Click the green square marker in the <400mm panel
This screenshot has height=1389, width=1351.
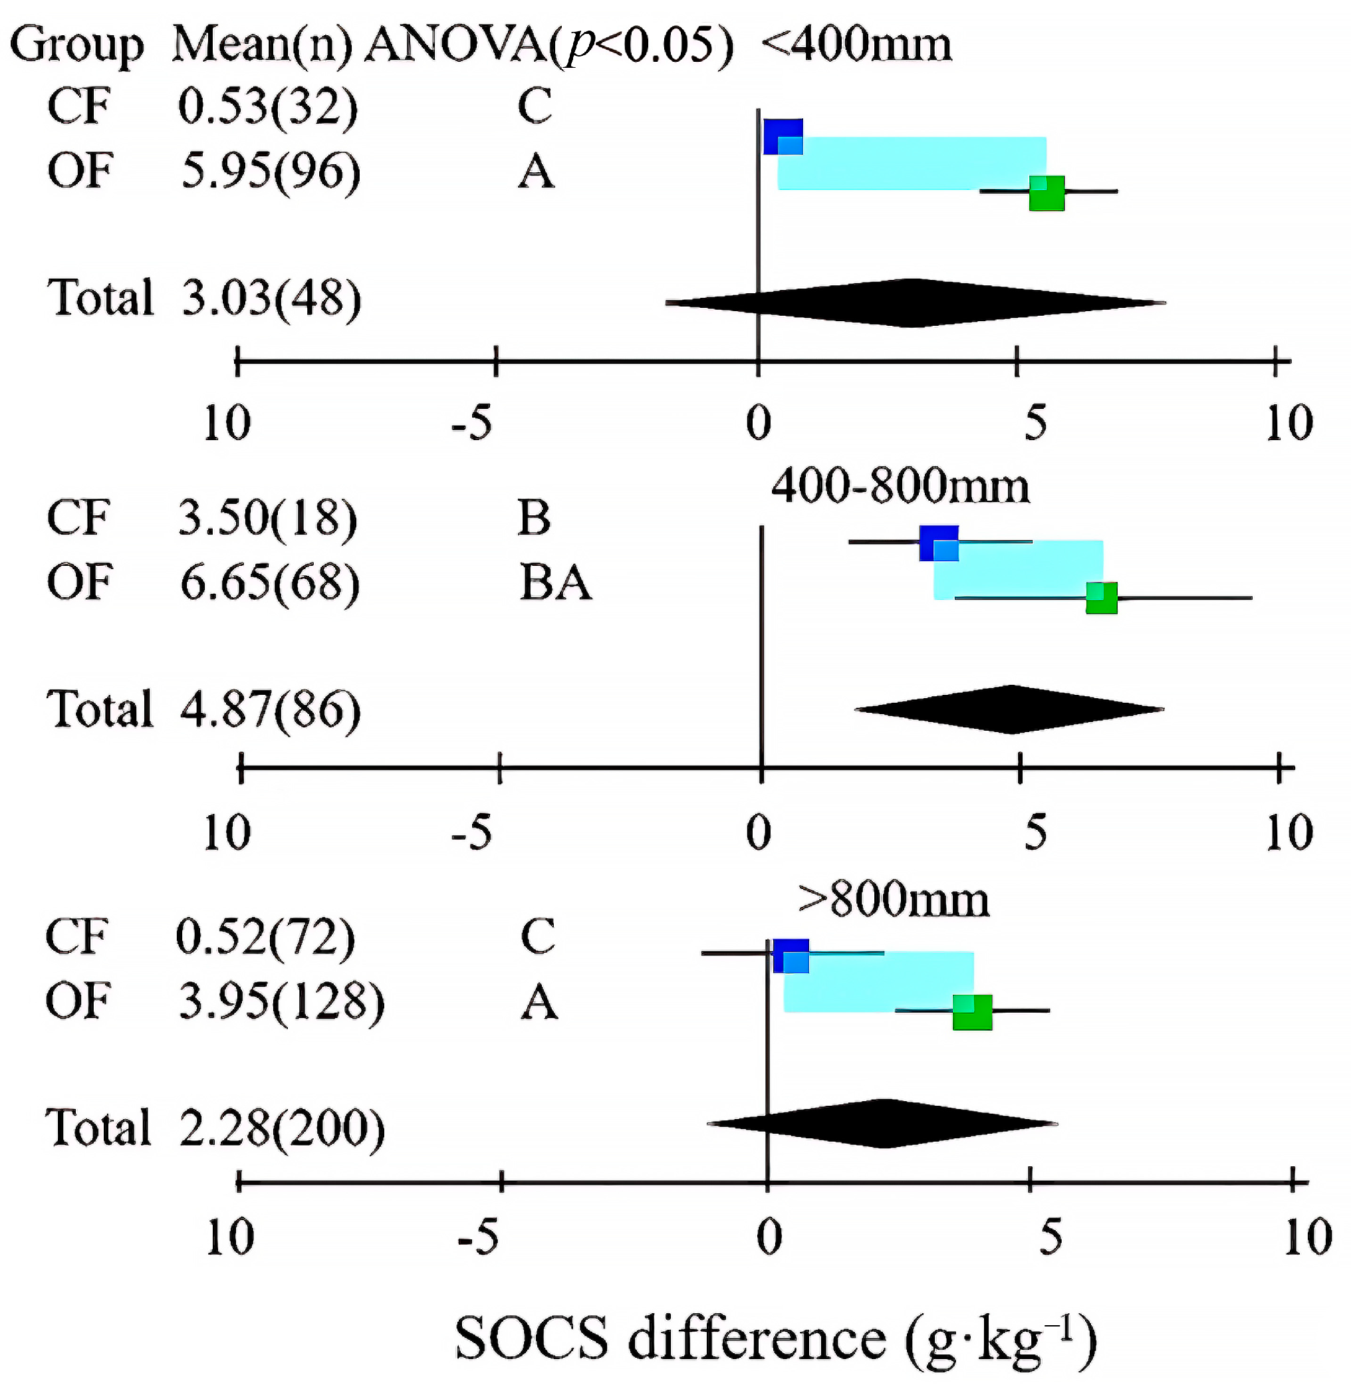(1046, 193)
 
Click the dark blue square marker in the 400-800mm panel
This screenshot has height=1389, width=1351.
(938, 543)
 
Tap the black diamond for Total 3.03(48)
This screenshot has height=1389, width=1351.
(916, 303)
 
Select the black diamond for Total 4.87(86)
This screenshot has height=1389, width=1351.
(1011, 709)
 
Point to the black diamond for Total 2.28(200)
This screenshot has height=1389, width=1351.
(883, 1123)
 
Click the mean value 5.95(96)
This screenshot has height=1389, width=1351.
(271, 171)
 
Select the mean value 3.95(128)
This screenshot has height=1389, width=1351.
(281, 1001)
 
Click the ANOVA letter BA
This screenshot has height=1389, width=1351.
(555, 582)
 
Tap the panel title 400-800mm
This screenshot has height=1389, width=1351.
(900, 487)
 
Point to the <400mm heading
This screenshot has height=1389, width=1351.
(856, 44)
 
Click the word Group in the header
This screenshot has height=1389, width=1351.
(76, 44)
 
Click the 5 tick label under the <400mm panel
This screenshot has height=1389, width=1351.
(1035, 423)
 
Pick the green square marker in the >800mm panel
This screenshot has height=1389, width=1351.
(971, 1011)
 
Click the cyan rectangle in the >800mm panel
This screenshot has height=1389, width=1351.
(880, 981)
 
